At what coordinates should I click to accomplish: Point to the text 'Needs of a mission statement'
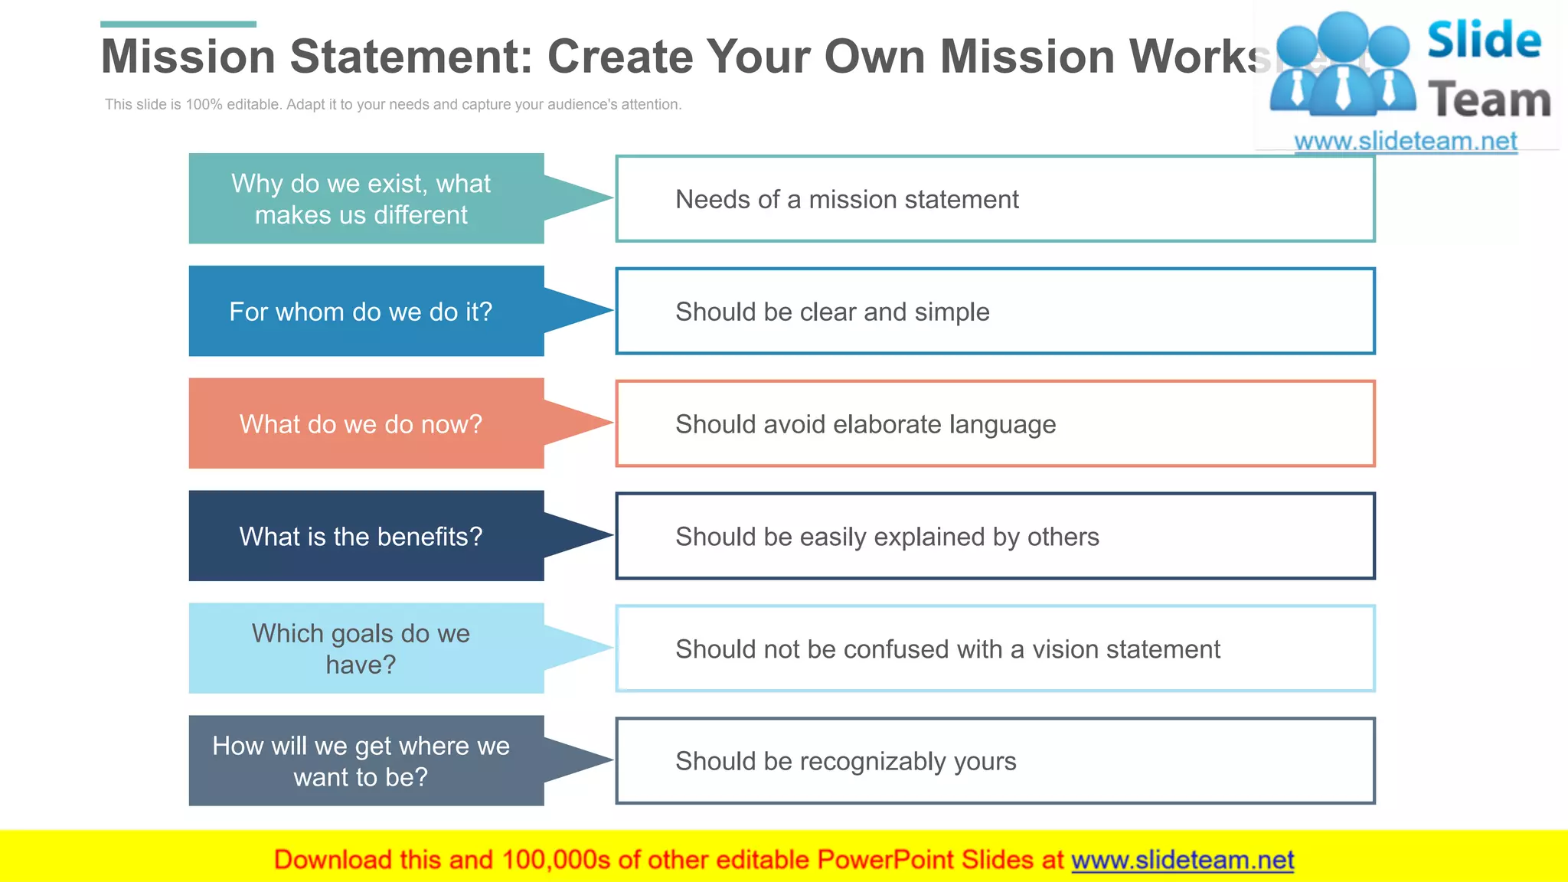pyautogui.click(x=847, y=200)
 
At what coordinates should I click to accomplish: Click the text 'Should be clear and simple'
pyautogui.click(x=832, y=312)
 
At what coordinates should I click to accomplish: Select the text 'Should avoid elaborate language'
pyautogui.click(x=865, y=424)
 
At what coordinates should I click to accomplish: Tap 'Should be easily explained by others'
pyautogui.click(x=887, y=537)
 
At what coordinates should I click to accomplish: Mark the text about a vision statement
pyautogui.click(x=947, y=649)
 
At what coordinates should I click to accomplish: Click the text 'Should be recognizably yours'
pyautogui.click(x=845, y=762)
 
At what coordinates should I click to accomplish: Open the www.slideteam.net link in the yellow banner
pyautogui.click(x=1182, y=860)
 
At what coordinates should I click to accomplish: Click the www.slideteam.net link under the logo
pyautogui.click(x=1405, y=141)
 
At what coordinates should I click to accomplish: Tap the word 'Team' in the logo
pyautogui.click(x=1489, y=100)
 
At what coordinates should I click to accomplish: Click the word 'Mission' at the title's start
pyautogui.click(x=188, y=57)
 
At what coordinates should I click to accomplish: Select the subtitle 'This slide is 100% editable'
pyautogui.click(x=393, y=104)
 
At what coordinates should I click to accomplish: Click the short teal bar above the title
pyautogui.click(x=178, y=24)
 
